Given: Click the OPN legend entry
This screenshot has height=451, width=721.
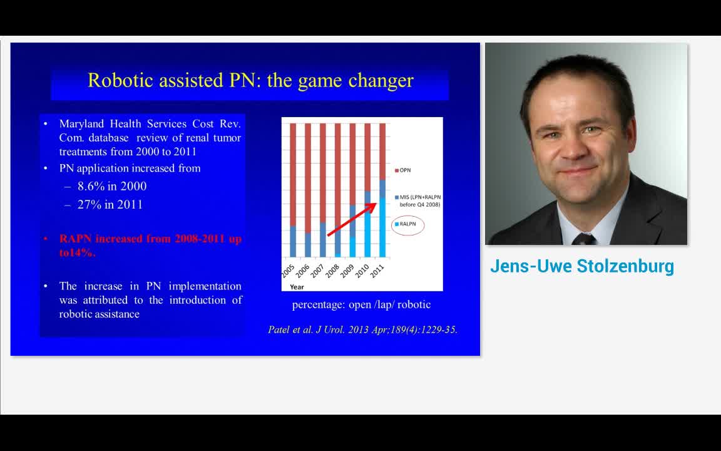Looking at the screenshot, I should (x=404, y=170).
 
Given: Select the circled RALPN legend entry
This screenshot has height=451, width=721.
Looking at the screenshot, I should (x=407, y=224).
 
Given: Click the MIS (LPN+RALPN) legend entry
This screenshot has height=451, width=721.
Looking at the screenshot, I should (x=419, y=200).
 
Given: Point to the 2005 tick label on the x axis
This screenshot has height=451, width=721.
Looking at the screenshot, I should (x=289, y=272).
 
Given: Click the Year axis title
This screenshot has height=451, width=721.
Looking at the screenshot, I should (x=297, y=287).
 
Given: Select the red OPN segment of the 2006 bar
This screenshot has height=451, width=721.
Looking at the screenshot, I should (x=308, y=175).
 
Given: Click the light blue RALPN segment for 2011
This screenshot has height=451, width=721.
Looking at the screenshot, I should (x=382, y=229).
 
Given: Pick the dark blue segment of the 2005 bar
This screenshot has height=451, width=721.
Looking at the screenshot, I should (x=293, y=241).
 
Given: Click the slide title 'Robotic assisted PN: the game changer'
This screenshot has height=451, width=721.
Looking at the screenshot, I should (x=250, y=80).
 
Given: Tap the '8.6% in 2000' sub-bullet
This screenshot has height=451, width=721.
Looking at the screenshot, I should (x=111, y=186).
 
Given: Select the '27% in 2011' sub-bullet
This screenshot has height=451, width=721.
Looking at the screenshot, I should (x=110, y=204).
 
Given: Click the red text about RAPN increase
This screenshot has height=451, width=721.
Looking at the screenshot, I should (x=150, y=246).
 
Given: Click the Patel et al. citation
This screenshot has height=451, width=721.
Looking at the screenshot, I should (x=362, y=329).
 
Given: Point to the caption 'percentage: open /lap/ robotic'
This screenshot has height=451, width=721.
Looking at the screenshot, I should (x=361, y=304).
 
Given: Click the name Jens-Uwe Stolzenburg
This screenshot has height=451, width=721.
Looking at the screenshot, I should (x=582, y=266).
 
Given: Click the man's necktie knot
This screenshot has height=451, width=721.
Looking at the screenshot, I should (x=584, y=239).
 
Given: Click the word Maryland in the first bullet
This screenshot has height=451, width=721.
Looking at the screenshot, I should (x=81, y=123).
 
